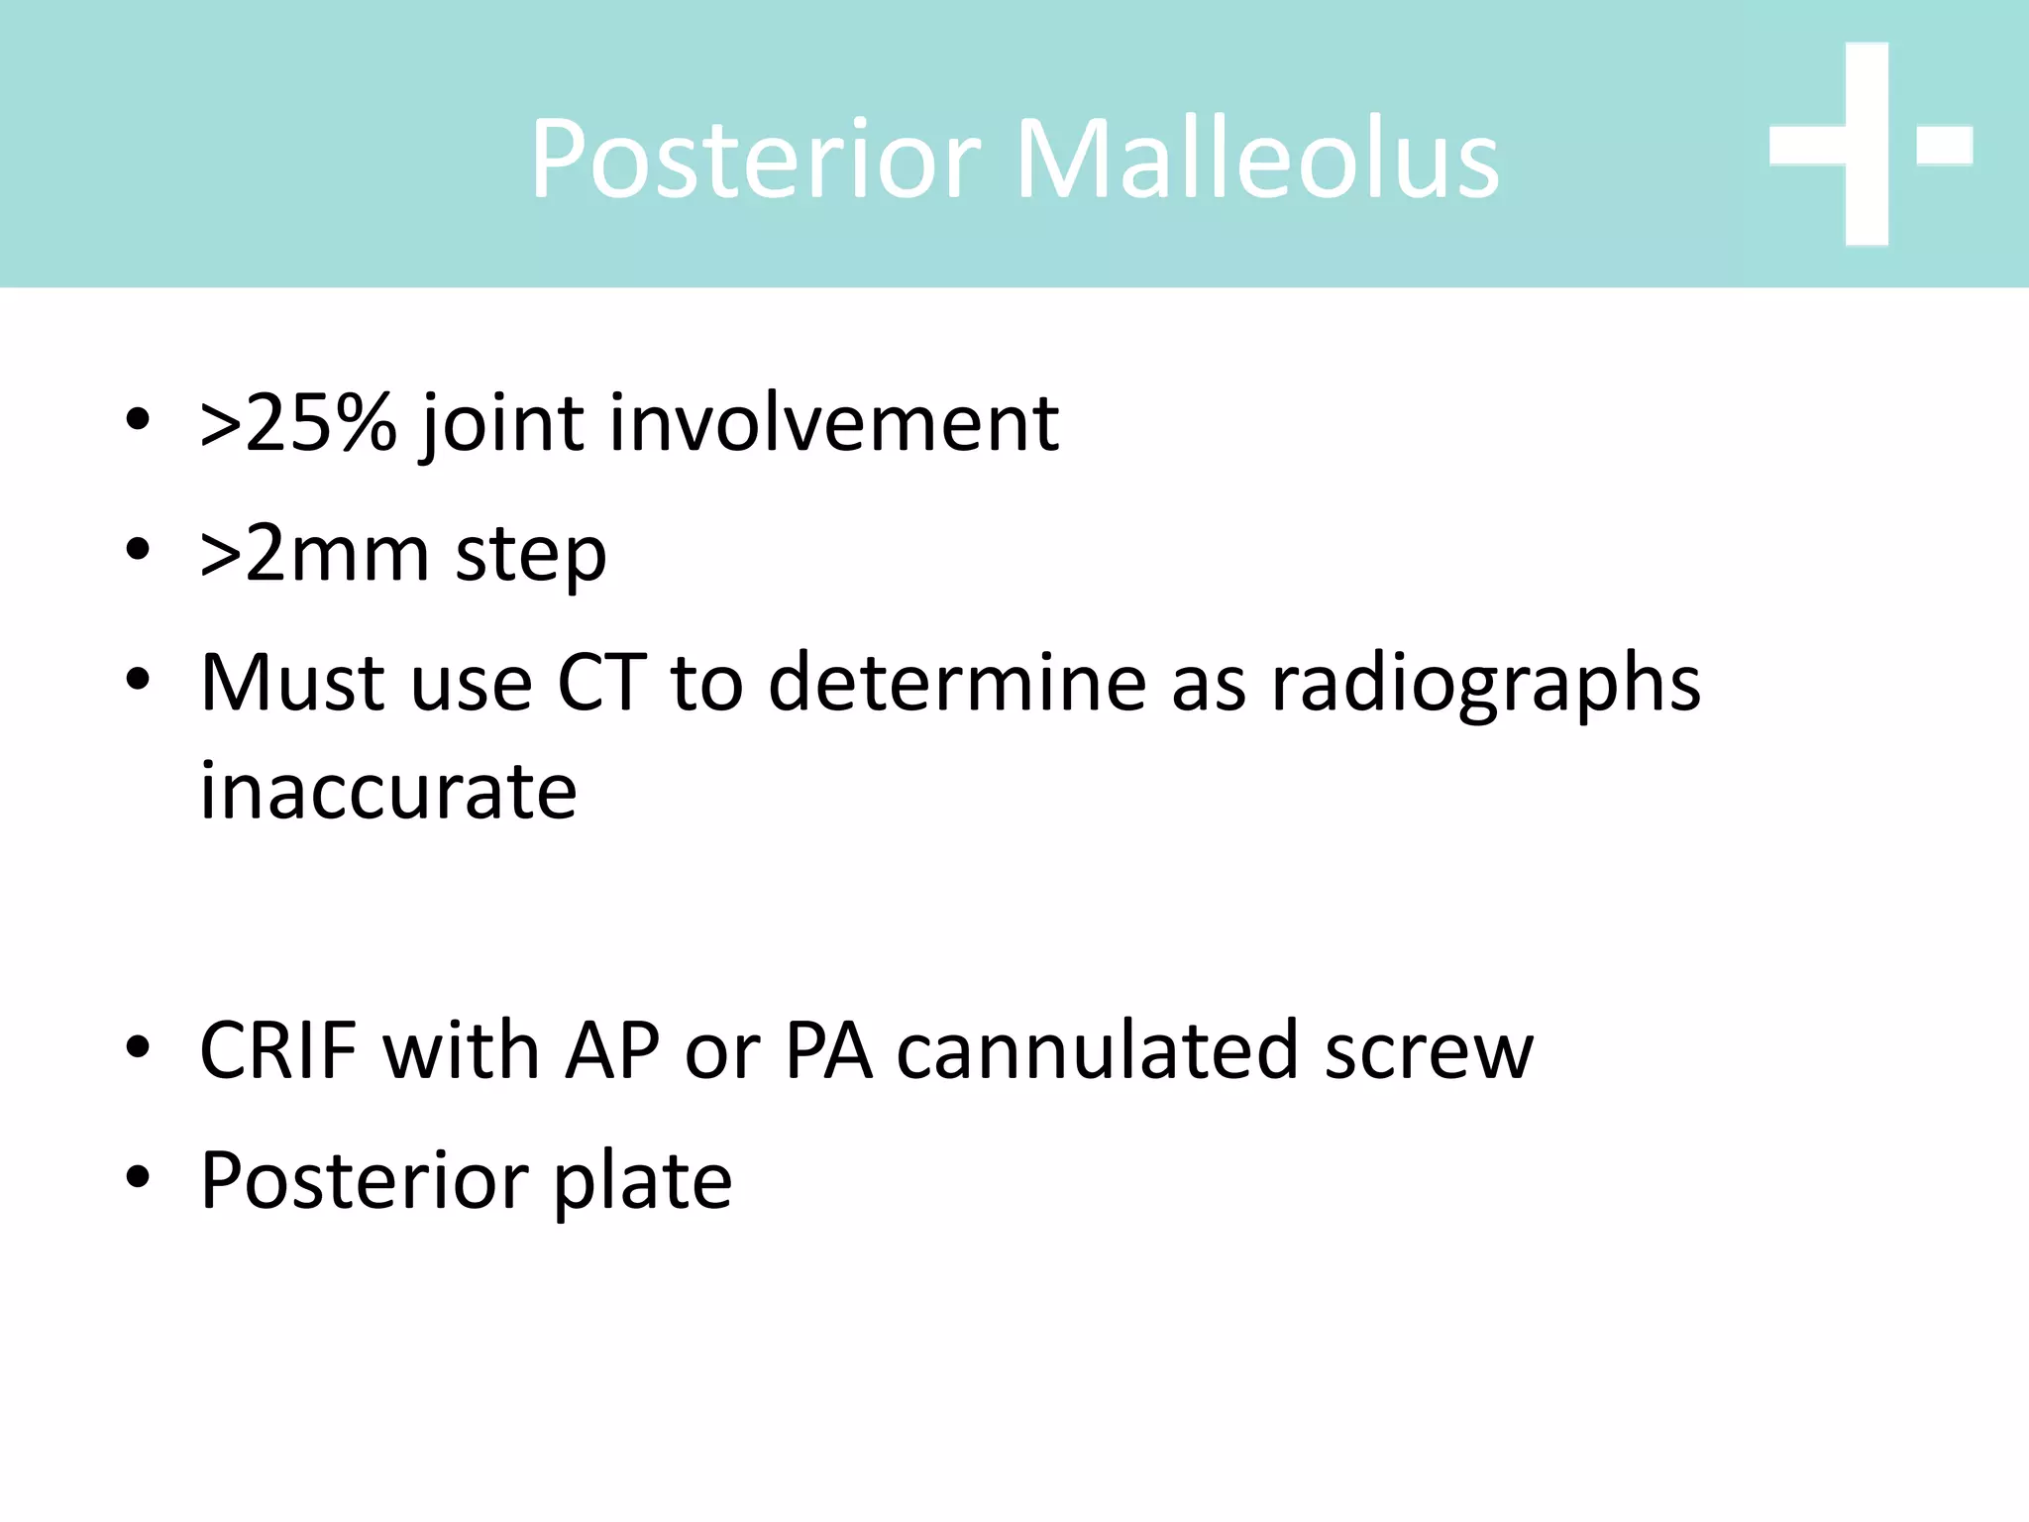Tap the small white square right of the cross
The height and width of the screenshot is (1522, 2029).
[1944, 145]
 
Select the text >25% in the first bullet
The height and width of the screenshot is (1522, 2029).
[297, 424]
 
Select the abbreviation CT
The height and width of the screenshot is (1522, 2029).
[601, 684]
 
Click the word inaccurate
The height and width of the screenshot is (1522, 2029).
[388, 793]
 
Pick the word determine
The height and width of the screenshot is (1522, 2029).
[957, 684]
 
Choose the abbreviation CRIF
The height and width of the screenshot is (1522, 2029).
[278, 1050]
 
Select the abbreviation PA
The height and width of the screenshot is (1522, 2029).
[828, 1050]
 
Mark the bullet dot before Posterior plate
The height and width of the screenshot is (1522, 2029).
[138, 1177]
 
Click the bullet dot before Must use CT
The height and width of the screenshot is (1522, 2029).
[138, 680]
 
